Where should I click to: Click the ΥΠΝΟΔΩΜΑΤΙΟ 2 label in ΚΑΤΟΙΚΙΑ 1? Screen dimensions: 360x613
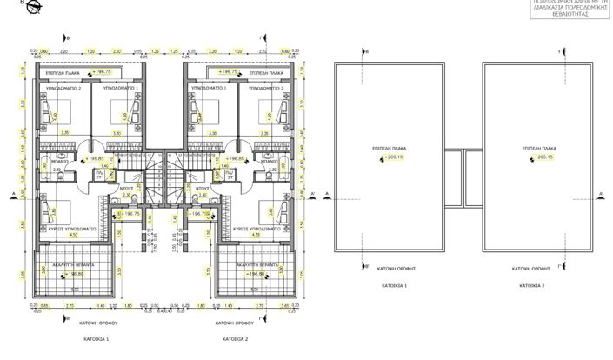pos(63,89)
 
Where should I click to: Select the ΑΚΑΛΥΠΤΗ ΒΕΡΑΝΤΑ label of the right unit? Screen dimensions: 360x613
pos(246,263)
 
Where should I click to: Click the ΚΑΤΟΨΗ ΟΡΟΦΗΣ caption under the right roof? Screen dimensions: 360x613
pos(528,270)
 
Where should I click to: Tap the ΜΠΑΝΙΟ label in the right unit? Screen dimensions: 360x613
pos(269,162)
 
